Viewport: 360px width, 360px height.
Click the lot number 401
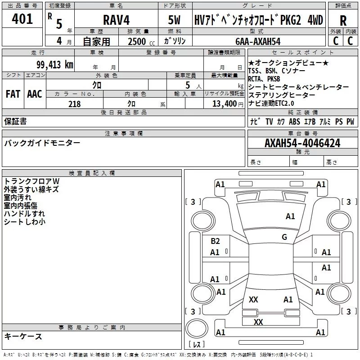(x=22, y=19)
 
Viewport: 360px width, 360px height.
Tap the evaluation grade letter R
(x=343, y=21)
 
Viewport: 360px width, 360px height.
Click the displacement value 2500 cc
(x=137, y=41)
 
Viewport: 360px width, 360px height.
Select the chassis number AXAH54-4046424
(x=302, y=143)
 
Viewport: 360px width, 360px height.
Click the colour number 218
(x=74, y=103)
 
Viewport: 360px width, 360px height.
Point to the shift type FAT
(x=13, y=94)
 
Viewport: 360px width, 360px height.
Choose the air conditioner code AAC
(x=35, y=94)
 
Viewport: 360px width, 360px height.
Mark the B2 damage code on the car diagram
(x=215, y=241)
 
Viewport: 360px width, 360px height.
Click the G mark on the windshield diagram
(x=284, y=237)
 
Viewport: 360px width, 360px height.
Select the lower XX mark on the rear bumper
(x=258, y=322)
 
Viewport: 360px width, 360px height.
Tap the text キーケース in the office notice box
(x=23, y=337)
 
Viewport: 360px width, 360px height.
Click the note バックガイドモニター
(x=42, y=143)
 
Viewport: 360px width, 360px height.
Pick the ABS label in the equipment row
(x=294, y=121)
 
